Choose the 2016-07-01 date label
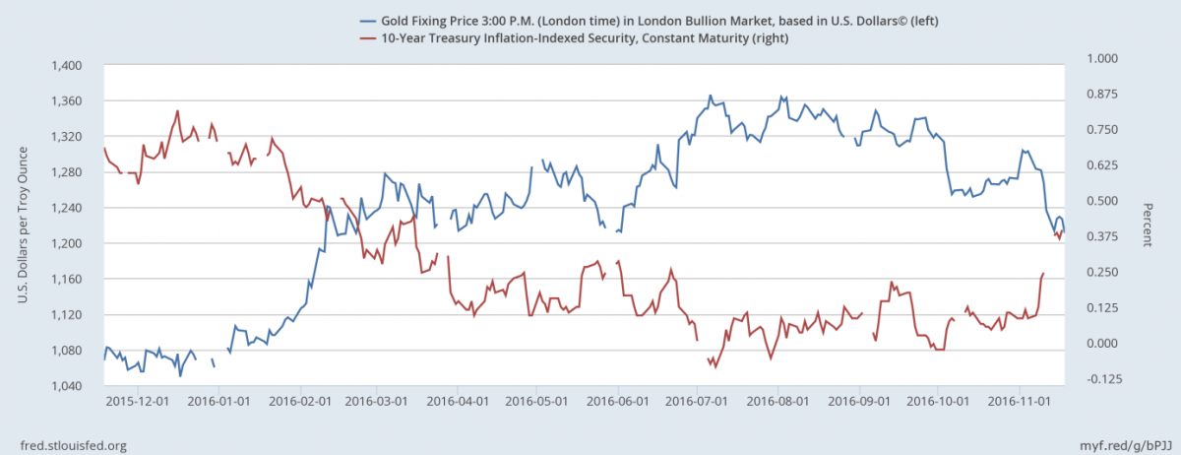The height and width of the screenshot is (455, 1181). click(x=695, y=402)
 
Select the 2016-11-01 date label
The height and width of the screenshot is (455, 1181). click(x=1017, y=402)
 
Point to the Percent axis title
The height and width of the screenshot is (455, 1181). click(x=1148, y=225)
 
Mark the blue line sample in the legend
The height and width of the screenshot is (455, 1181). click(x=370, y=20)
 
